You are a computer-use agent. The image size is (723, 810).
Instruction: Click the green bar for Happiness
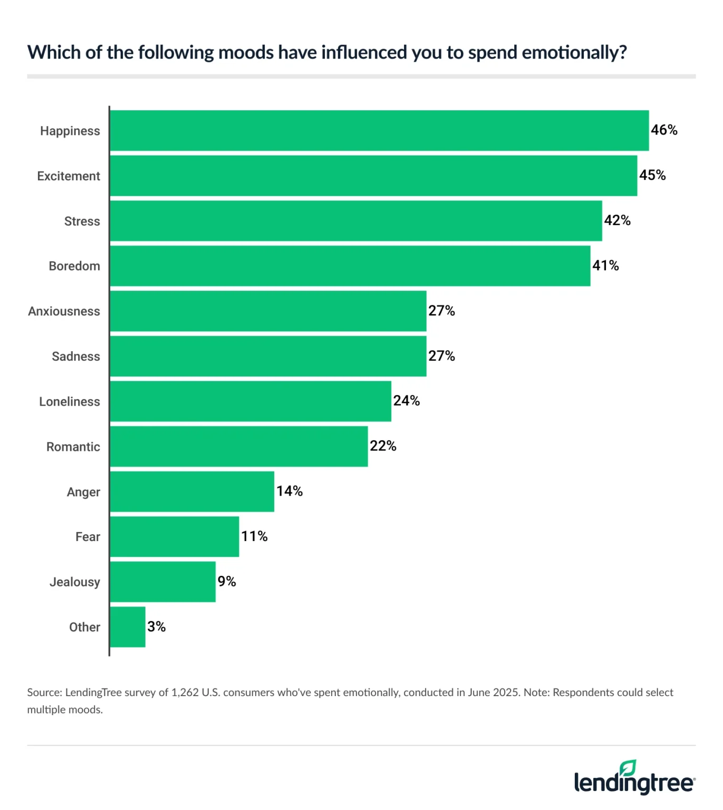(379, 131)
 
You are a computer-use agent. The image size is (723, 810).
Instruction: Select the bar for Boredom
(350, 266)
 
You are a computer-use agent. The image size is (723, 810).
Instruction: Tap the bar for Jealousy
(162, 582)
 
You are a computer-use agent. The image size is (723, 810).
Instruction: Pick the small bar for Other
(128, 627)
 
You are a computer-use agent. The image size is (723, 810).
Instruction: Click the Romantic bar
(239, 447)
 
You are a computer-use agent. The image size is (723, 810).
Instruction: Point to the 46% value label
(664, 130)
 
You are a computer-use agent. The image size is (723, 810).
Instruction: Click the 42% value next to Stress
(617, 220)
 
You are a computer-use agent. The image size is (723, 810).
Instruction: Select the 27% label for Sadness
(441, 356)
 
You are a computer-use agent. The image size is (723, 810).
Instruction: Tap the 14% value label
(290, 491)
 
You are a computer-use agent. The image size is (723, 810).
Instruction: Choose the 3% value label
(157, 626)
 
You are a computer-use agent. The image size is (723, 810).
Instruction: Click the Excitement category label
(69, 176)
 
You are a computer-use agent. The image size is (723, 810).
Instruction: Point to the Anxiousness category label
(64, 311)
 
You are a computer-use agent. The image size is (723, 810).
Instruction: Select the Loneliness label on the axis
(70, 402)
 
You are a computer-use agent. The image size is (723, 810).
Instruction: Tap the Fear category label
(88, 537)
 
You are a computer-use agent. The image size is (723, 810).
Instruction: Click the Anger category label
(83, 492)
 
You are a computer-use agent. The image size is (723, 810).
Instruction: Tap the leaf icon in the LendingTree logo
(628, 768)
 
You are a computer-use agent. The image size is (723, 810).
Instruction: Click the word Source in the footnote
(44, 692)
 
